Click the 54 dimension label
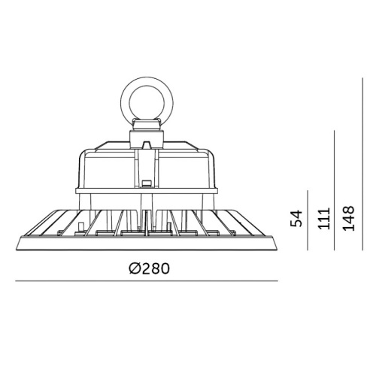click(x=297, y=218)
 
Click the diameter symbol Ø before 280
click(x=132, y=268)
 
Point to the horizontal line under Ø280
click(x=147, y=281)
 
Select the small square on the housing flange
click(x=144, y=183)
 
